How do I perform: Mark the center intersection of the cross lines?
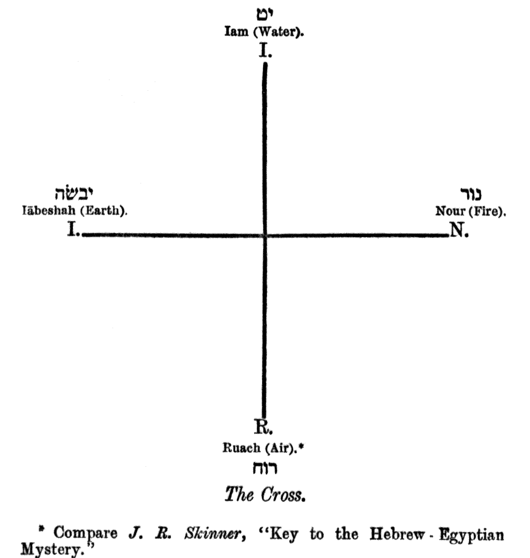point(265,235)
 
